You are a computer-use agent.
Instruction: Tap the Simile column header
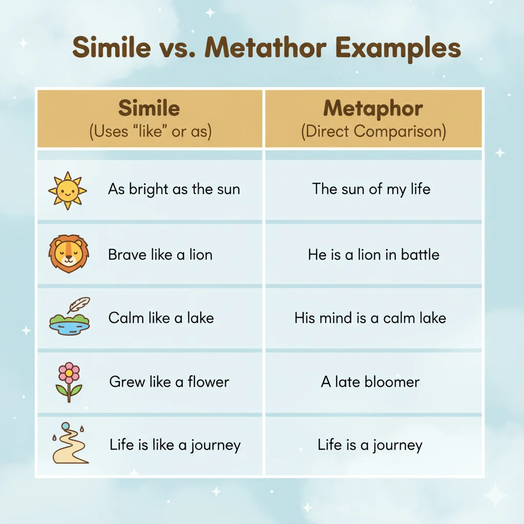tap(149, 108)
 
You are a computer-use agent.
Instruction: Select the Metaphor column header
tap(373, 108)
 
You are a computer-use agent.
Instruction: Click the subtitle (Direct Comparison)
tap(373, 132)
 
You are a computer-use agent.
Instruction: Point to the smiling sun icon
tap(68, 190)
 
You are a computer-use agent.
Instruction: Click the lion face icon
tap(69, 254)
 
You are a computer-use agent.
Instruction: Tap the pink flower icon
tap(69, 382)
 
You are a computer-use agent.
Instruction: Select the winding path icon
tap(70, 444)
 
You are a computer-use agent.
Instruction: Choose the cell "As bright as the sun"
tap(174, 189)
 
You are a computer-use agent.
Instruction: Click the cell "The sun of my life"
tap(372, 189)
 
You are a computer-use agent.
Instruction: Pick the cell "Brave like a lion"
tap(160, 255)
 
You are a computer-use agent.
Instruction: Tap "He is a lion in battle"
tap(374, 255)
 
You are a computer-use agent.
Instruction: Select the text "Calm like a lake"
tap(161, 318)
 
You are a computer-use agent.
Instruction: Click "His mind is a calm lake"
tap(370, 318)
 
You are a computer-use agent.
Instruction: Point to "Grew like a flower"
tap(169, 382)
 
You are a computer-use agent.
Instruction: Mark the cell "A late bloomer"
tap(370, 382)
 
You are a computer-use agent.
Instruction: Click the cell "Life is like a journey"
tap(175, 445)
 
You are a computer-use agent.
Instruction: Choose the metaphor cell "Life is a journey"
tap(370, 445)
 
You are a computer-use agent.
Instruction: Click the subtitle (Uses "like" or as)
tap(150, 132)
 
